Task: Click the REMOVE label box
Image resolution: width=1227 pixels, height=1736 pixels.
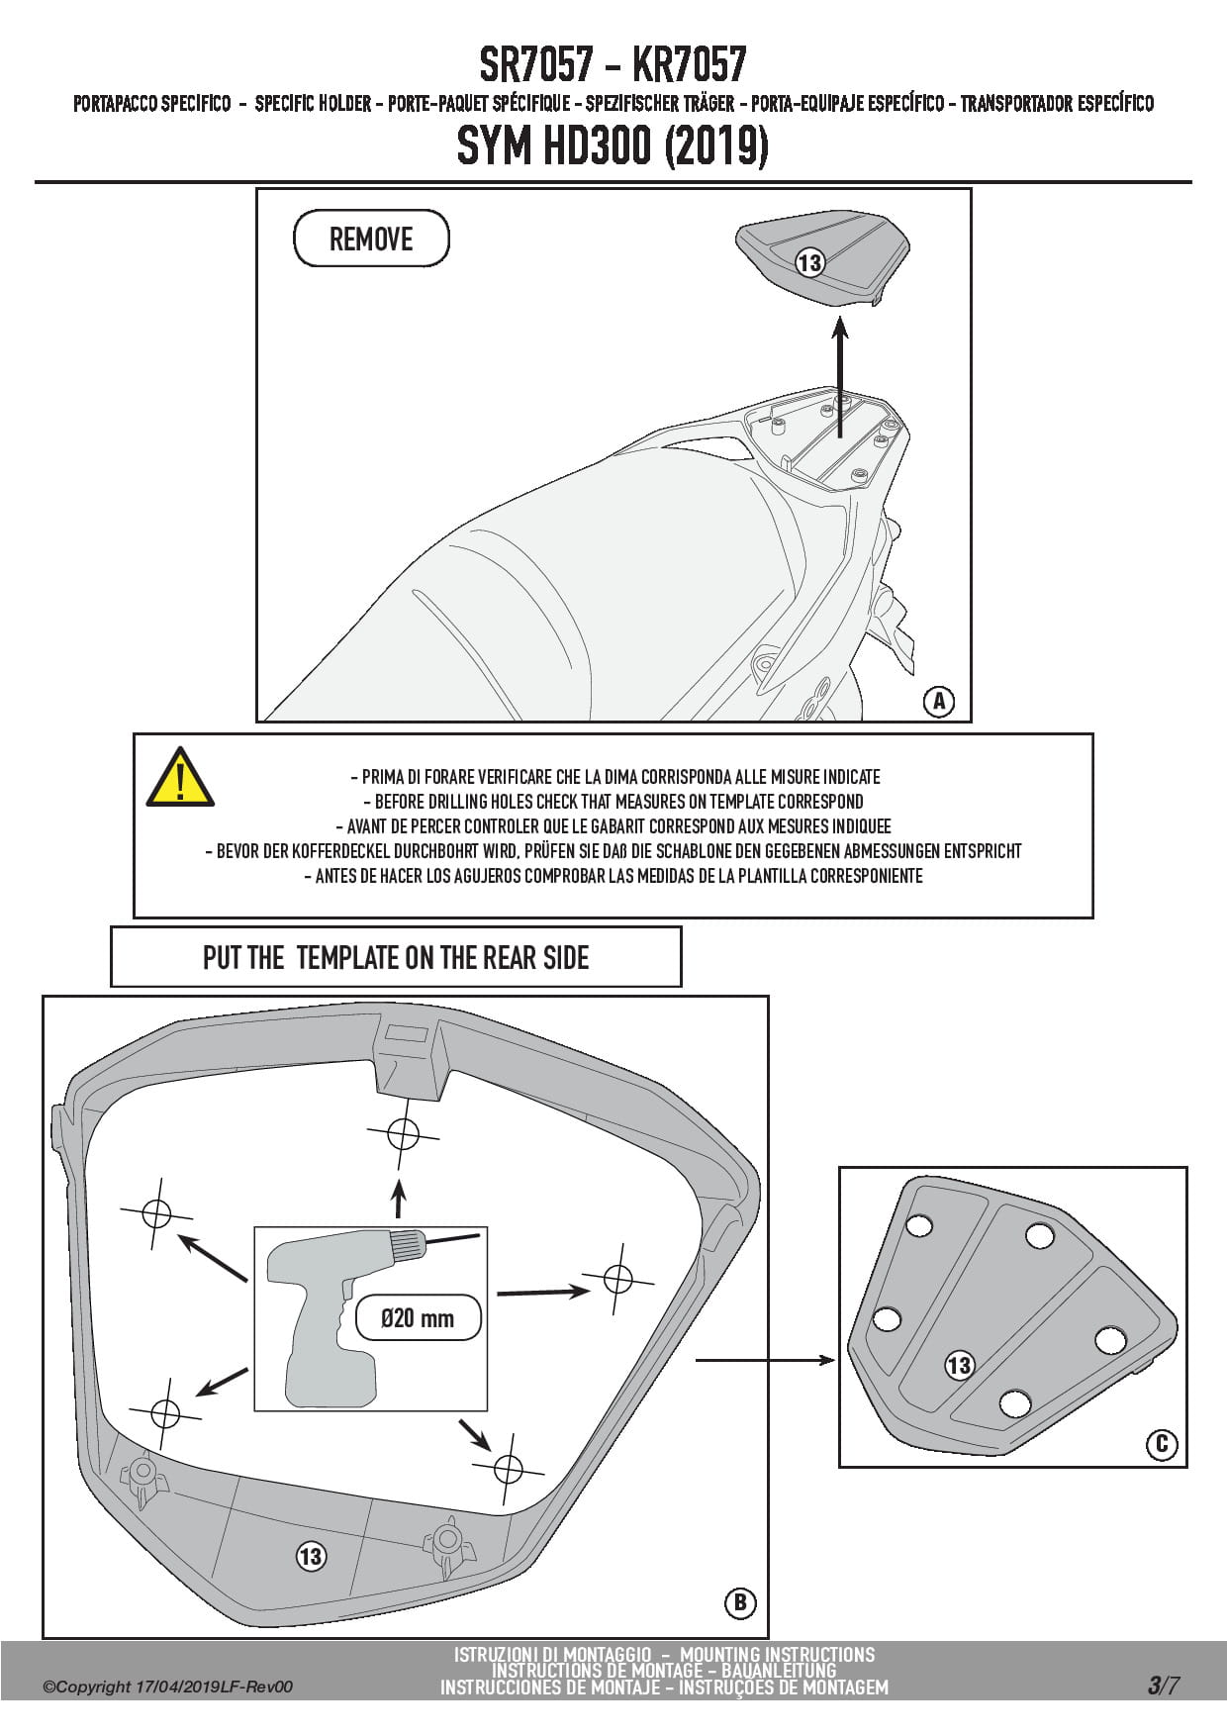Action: (x=371, y=239)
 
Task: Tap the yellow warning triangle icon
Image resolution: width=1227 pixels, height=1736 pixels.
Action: (x=179, y=777)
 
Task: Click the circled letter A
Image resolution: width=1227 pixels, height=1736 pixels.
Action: (x=938, y=702)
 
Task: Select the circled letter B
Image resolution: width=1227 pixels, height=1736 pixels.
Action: (x=739, y=1602)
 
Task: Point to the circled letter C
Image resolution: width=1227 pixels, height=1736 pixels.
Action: (x=1162, y=1444)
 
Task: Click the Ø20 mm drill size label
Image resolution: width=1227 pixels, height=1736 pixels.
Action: (x=418, y=1318)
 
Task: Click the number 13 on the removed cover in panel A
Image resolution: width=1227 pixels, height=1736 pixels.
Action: (x=809, y=262)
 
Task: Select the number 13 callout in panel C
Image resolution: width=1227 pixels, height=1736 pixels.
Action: (x=959, y=1366)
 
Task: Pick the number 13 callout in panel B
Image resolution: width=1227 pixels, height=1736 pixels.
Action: (x=311, y=1556)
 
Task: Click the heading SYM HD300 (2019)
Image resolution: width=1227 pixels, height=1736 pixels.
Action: (x=613, y=146)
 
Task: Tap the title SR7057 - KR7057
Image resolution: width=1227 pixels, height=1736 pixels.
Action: (x=613, y=65)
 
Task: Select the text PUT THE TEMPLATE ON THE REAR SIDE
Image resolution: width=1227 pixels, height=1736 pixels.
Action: (x=396, y=957)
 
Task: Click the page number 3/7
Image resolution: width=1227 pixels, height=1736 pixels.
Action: (x=1163, y=1686)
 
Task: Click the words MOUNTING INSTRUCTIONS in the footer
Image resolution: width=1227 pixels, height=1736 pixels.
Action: (x=777, y=1654)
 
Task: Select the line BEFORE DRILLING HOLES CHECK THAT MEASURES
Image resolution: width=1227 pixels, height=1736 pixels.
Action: (x=613, y=802)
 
